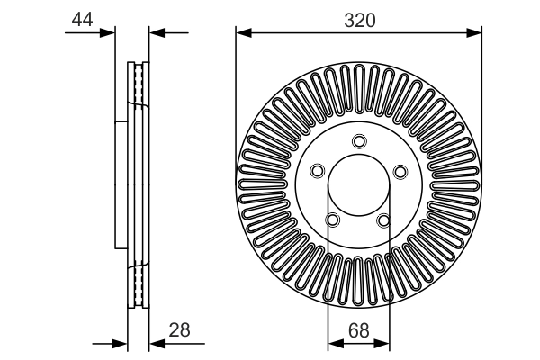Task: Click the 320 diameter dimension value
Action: pos(359,19)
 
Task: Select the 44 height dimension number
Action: pos(83,19)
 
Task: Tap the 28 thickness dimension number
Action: pos(180,330)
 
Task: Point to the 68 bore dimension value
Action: pos(359,329)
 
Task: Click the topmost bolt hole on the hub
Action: pos(359,140)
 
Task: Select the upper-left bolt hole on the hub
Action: pos(317,171)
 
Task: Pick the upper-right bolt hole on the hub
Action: pos(401,171)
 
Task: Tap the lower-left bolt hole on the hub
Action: pos(333,220)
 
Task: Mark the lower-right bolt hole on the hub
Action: pos(385,220)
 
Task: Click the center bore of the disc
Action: pos(359,186)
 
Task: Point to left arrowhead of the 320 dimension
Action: pos(242,33)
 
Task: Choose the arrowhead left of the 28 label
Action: pos(155,342)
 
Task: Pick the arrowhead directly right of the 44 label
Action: pos(111,33)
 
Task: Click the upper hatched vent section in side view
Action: pos(139,85)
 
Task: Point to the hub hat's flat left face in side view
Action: pos(117,186)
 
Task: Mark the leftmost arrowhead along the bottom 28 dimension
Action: pos(122,342)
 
